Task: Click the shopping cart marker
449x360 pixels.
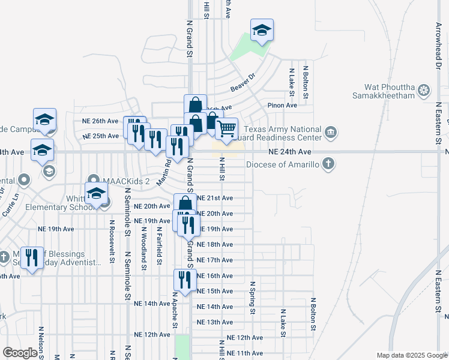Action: (x=226, y=129)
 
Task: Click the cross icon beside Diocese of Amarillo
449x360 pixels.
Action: (x=328, y=163)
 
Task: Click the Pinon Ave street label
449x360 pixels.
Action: (x=283, y=106)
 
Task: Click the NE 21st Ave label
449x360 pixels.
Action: (x=215, y=198)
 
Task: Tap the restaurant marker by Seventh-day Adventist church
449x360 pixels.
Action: (x=32, y=258)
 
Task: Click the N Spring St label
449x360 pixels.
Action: (x=253, y=297)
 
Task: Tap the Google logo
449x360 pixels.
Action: (x=20, y=353)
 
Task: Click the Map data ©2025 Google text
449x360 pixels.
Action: (x=411, y=355)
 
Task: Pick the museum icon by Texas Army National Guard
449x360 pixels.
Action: (x=330, y=132)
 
